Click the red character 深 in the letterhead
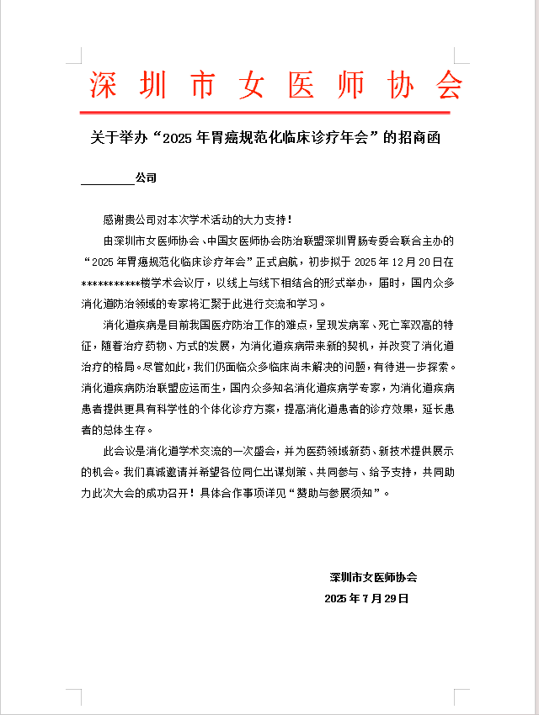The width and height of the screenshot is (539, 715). click(104, 84)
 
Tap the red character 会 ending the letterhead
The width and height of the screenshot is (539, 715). click(446, 84)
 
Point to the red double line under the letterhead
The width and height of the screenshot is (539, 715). click(275, 111)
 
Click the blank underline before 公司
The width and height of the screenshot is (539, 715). click(107, 181)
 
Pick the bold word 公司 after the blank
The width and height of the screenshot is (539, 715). click(146, 178)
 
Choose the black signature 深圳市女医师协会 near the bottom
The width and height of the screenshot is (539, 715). click(373, 578)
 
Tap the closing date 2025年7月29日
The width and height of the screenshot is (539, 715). click(366, 599)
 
